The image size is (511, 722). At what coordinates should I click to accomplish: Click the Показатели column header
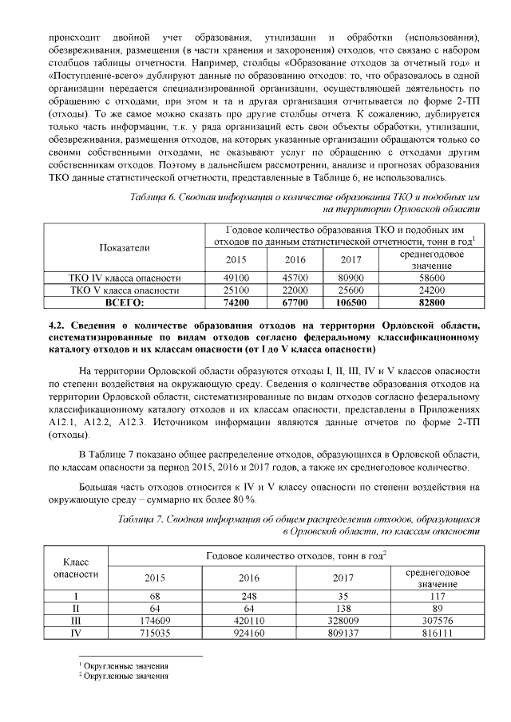pos(124,247)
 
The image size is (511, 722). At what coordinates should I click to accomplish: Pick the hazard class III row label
pos(76,619)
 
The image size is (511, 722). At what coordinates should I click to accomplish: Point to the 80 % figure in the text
pos(241,499)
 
